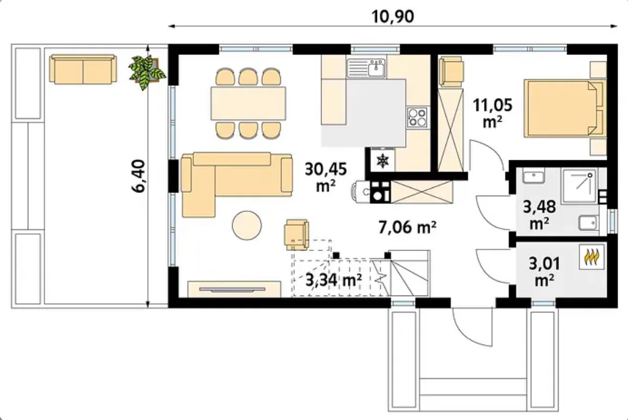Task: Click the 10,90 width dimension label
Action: pos(392,16)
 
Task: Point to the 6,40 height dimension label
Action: pos(139,176)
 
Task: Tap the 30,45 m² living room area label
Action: pos(325,177)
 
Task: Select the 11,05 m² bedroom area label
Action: pos(493,112)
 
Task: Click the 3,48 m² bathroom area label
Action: pos(539,215)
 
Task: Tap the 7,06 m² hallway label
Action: pos(407,227)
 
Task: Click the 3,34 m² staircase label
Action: pos(334,280)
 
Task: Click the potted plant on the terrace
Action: pos(147,72)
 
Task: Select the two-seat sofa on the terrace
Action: pos(83,70)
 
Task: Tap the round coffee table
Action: pos(247,225)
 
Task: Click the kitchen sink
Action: pos(366,68)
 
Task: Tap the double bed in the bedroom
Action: pos(564,108)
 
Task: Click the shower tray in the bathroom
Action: pos(580,186)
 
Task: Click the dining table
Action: pos(248,104)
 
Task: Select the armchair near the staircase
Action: pos(297,234)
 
